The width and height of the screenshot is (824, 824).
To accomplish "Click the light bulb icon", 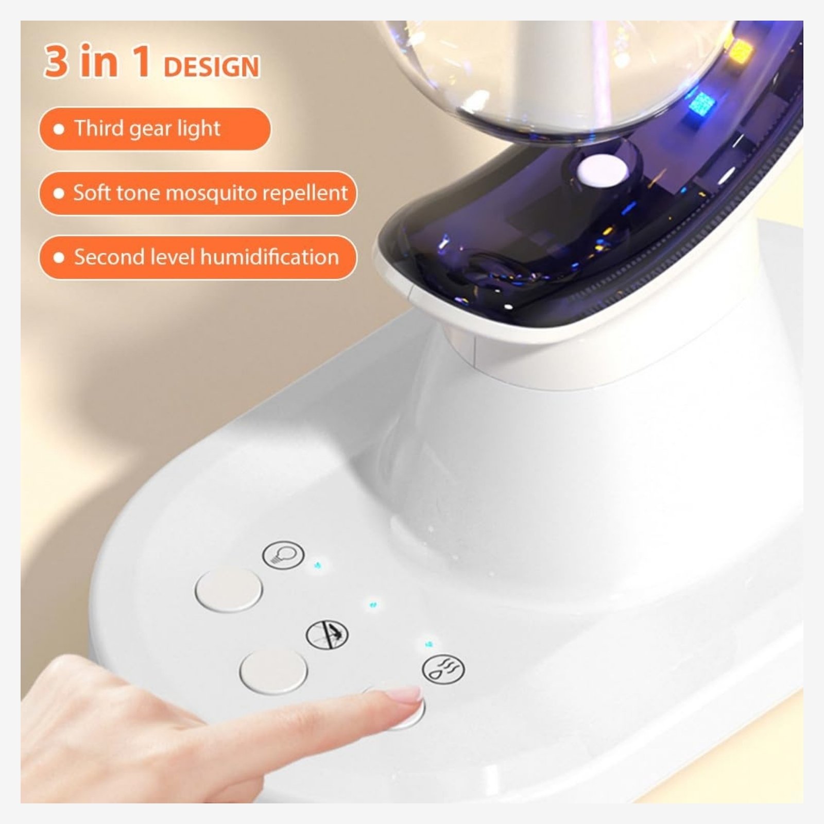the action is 283,555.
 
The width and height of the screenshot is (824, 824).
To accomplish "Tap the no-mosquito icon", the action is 327,634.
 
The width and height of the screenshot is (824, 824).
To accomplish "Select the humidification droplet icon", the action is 443,668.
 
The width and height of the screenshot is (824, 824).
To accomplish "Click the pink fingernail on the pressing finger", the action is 405,695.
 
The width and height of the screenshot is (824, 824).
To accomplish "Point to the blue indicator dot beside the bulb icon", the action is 318,565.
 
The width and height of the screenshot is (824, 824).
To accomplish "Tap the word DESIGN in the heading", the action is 211,67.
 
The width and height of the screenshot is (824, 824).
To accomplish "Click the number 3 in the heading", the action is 56,61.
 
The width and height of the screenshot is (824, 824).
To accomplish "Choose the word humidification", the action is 270,256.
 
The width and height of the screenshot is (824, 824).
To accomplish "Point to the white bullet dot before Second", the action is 59,257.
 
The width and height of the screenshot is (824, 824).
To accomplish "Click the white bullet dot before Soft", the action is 59,193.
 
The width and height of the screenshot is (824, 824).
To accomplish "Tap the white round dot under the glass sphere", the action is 603,170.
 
